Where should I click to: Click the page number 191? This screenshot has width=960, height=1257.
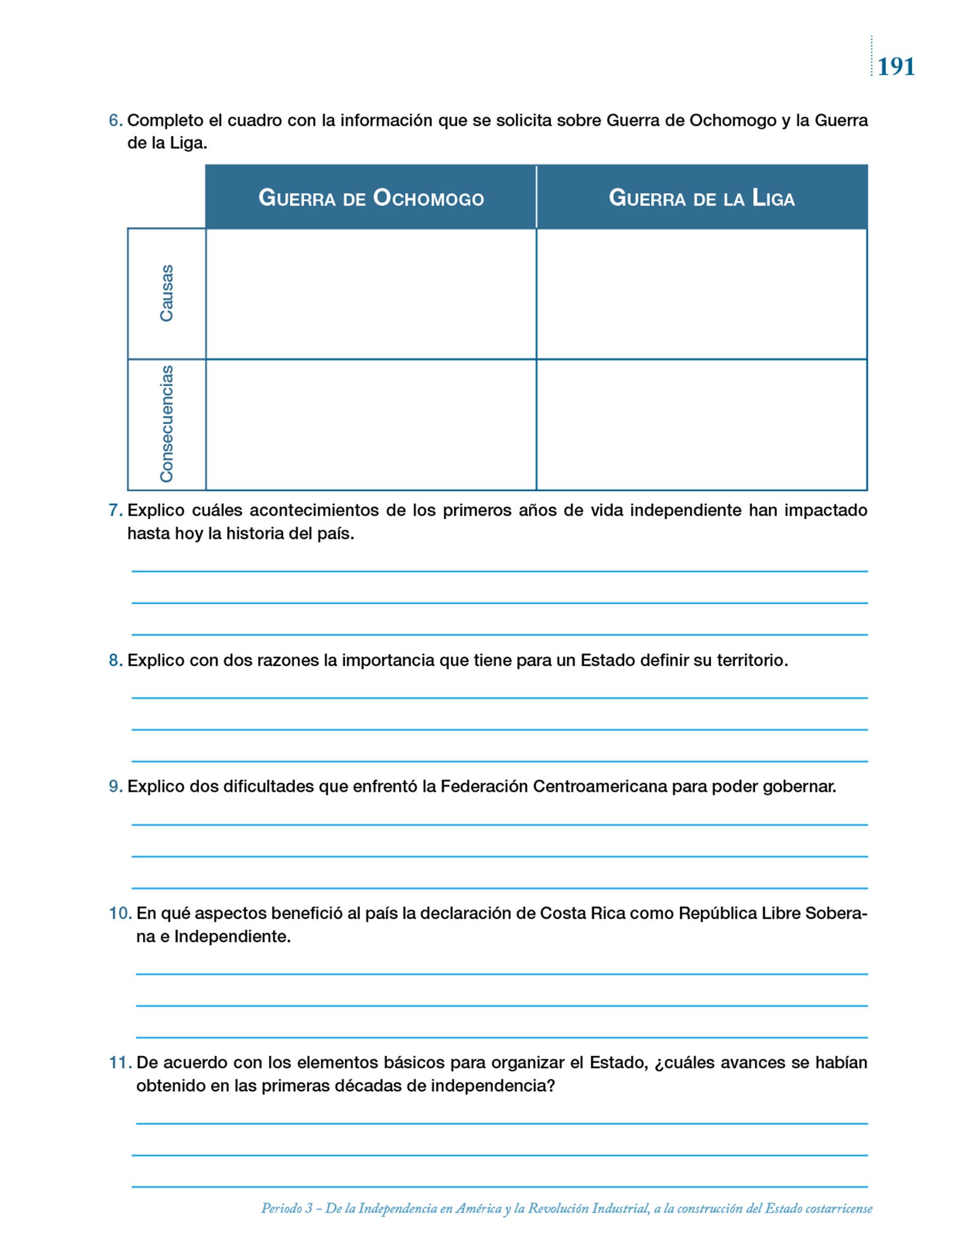point(896,66)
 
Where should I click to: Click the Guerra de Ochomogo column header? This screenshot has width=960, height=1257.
point(371,198)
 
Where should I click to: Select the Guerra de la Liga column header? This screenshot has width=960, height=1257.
point(702,198)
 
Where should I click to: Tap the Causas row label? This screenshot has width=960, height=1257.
point(166,293)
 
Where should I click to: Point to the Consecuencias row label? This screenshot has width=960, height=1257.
point(166,424)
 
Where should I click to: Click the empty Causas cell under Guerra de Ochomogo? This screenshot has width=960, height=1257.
point(371,294)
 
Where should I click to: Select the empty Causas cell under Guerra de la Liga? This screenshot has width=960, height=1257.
point(702,294)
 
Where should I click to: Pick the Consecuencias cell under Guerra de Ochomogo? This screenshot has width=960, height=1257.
point(371,425)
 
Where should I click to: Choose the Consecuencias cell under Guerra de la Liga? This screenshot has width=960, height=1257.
point(702,425)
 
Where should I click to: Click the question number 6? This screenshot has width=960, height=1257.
point(115,121)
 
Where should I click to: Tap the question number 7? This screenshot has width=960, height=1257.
point(115,511)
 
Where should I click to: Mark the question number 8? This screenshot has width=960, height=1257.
point(115,661)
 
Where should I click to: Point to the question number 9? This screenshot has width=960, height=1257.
point(115,787)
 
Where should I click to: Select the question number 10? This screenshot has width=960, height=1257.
point(120,914)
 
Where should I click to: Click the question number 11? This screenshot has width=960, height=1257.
point(120,1063)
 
